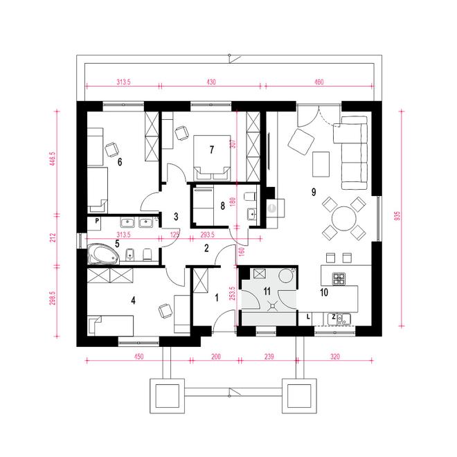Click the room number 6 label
point(120,162)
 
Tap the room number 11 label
point(267,291)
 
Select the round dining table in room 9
point(344,218)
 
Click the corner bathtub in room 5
point(103,254)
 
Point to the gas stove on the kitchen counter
point(339,278)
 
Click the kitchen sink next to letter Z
point(343,319)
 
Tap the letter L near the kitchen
point(308,317)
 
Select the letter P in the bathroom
point(97,221)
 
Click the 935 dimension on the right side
point(397,215)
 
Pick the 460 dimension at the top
point(319,82)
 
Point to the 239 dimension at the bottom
point(269,357)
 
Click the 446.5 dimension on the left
point(53,159)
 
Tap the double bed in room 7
point(212,157)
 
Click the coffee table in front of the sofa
point(321,164)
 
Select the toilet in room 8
point(251,196)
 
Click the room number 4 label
point(133,301)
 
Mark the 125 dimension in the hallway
point(174,235)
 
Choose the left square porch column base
point(168,396)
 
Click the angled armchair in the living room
point(301,142)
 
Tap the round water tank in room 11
point(286,276)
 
